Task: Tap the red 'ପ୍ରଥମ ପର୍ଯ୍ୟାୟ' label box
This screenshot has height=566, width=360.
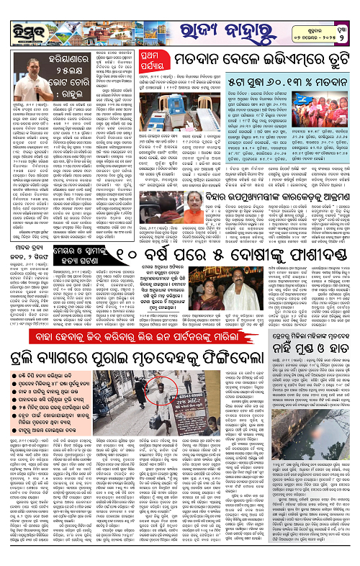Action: point(137,58)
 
